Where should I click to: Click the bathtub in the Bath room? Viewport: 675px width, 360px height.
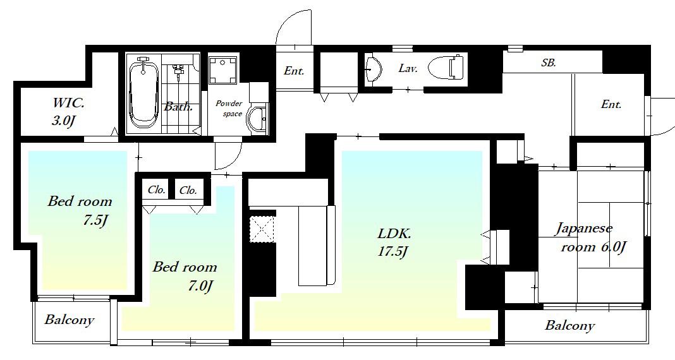pyautogui.click(x=143, y=93)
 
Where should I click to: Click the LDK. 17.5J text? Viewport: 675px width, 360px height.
pyautogui.click(x=394, y=243)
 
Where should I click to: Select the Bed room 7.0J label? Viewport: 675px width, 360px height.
pyautogui.click(x=185, y=276)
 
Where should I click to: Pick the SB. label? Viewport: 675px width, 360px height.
pyautogui.click(x=549, y=63)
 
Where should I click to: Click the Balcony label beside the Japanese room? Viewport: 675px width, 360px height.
pyautogui.click(x=569, y=326)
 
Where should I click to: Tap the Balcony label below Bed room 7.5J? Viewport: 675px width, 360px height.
pyautogui.click(x=69, y=320)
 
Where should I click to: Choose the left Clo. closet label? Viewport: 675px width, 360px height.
pyautogui.click(x=156, y=189)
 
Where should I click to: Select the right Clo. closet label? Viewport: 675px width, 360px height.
pyautogui.click(x=188, y=189)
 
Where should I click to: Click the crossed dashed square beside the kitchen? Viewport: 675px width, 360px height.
pyautogui.click(x=262, y=229)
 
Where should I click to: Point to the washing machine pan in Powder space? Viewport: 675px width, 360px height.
pyautogui.click(x=222, y=70)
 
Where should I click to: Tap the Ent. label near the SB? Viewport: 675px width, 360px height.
pyautogui.click(x=611, y=104)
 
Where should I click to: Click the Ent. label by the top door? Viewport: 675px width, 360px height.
pyautogui.click(x=294, y=71)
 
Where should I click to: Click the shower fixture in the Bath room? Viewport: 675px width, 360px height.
pyautogui.click(x=178, y=71)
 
